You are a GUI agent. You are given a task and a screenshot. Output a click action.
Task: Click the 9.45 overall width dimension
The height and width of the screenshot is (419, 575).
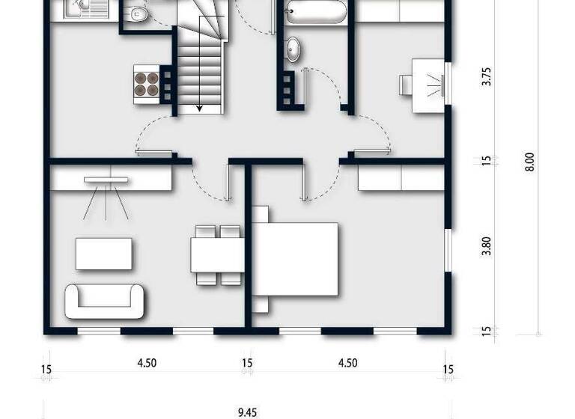point(247,412)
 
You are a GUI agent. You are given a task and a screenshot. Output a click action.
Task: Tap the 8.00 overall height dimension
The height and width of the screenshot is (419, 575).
point(529,162)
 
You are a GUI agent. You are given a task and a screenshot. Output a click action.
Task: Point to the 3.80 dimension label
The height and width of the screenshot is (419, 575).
point(487,247)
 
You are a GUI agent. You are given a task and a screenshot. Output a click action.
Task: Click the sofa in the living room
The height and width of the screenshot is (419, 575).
point(105,301)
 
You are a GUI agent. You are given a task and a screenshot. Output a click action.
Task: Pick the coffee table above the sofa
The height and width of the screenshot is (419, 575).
point(104,254)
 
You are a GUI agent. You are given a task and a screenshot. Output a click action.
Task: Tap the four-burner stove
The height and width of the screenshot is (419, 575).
point(147,84)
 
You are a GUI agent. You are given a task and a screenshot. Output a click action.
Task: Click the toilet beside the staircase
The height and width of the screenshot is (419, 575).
point(137,13)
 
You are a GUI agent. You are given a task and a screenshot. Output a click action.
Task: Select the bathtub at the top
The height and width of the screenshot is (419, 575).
point(315,12)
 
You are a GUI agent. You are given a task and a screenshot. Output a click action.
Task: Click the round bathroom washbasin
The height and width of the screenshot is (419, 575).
point(294,49)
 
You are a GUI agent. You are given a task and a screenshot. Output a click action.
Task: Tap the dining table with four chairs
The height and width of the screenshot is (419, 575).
point(216,254)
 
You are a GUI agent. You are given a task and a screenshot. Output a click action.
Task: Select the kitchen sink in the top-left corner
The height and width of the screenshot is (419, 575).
point(76,8)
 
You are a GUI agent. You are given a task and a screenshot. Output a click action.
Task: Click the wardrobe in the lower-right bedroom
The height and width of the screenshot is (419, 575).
point(401,177)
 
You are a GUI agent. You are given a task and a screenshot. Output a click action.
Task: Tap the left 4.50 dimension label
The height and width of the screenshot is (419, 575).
point(147,364)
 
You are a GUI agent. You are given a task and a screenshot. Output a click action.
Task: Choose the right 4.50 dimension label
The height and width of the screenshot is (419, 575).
point(347,364)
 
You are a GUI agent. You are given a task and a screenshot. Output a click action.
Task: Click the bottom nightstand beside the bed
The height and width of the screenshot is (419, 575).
point(260,305)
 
